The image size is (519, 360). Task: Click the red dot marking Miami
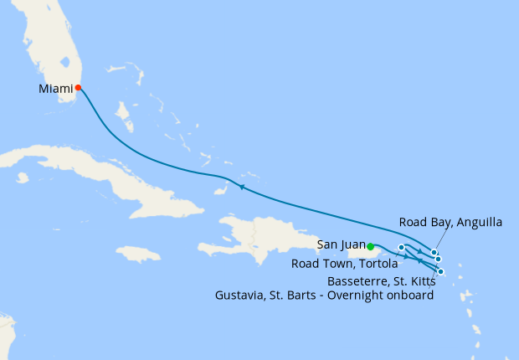click(78, 87)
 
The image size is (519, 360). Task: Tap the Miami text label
click(55, 87)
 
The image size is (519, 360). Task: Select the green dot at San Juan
click(370, 246)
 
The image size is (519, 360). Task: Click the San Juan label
click(342, 245)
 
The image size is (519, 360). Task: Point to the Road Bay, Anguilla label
click(450, 222)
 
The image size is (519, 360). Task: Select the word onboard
click(411, 296)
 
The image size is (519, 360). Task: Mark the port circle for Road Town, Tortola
click(402, 247)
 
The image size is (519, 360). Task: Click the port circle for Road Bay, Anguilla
click(434, 252)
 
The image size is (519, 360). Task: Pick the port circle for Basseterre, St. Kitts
click(441, 271)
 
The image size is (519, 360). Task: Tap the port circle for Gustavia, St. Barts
click(438, 260)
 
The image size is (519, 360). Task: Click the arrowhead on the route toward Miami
click(240, 187)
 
